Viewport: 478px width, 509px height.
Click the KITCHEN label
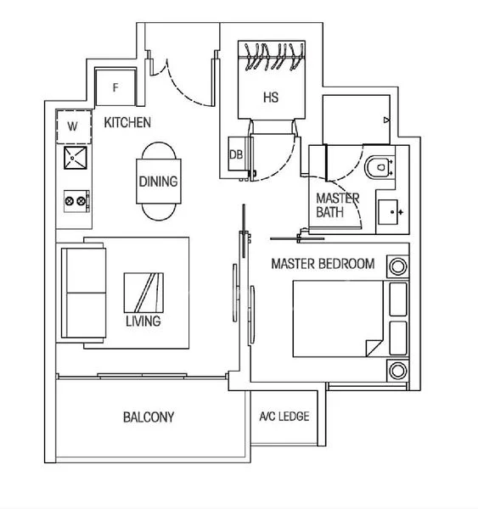coord(127,123)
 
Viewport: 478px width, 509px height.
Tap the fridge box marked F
coord(115,87)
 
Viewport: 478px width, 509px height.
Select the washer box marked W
coord(72,126)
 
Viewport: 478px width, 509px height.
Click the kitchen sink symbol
coord(75,159)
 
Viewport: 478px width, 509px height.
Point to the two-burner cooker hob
coord(75,201)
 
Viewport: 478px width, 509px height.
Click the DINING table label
coord(158,182)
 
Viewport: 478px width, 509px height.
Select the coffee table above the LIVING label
coord(142,293)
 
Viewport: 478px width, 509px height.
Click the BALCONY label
coord(149,417)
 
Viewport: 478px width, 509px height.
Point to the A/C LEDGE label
coord(284,417)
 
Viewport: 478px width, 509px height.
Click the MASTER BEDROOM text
coord(322,264)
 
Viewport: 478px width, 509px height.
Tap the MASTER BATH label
coord(337,204)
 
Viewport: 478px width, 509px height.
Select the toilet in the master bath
coord(378,169)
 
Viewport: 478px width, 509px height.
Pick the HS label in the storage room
coord(270,98)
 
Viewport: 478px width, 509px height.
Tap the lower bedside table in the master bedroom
coord(396,370)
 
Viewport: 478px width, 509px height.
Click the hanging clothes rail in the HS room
coord(271,56)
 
